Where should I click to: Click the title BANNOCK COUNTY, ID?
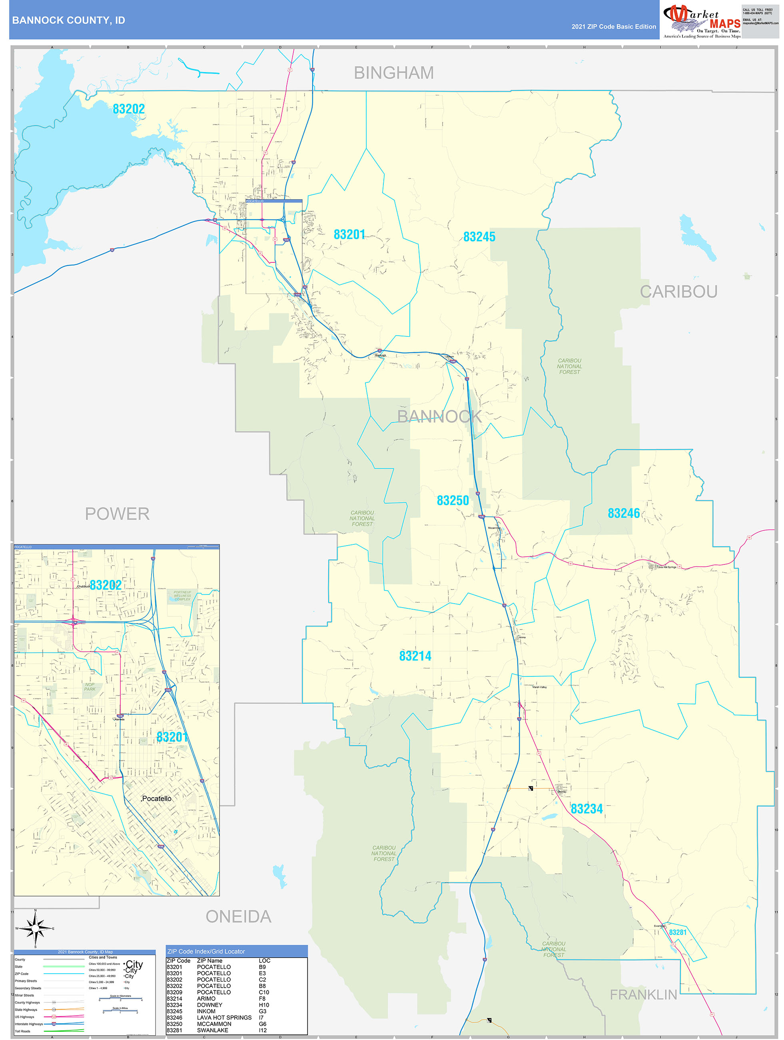pos(69,20)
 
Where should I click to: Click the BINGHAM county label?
pos(393,73)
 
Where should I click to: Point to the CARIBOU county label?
pos(678,292)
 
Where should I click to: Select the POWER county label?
pos(117,514)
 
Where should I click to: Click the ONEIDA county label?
pos(238,916)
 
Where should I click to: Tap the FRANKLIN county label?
pos(643,994)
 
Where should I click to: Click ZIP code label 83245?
pos(479,237)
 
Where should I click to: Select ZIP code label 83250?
pos(453,500)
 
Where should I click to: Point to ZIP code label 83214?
pos(415,656)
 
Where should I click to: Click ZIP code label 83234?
pos(586,809)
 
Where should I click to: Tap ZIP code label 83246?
pos(623,513)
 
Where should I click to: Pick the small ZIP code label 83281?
pos(677,932)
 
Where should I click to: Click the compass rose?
pos(35,928)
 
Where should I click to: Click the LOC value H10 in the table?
pos(264,1005)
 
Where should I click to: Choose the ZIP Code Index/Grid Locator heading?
pos(206,951)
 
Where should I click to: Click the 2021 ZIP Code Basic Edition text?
pos(613,27)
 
